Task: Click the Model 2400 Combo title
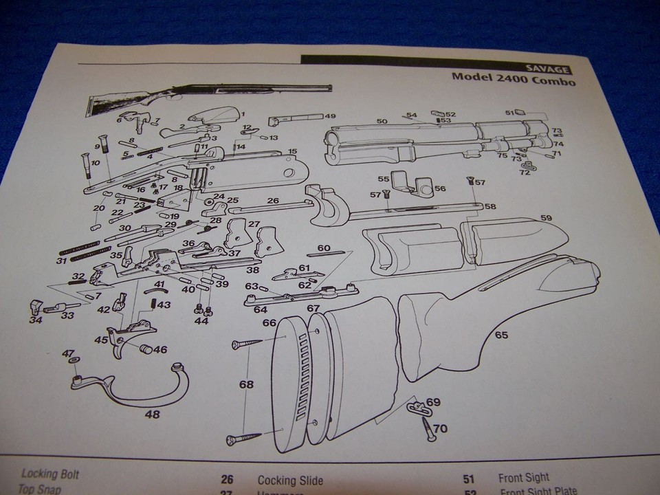click(513, 77)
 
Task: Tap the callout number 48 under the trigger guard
click(151, 414)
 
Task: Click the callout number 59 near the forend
click(546, 218)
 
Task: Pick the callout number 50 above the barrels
click(382, 121)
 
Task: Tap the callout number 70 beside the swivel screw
click(440, 428)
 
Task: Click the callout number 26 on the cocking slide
click(272, 201)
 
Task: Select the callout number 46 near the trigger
click(159, 349)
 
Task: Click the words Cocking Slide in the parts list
click(289, 481)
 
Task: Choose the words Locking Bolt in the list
click(50, 474)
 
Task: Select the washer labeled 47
click(73, 360)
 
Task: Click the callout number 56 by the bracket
click(440, 188)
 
